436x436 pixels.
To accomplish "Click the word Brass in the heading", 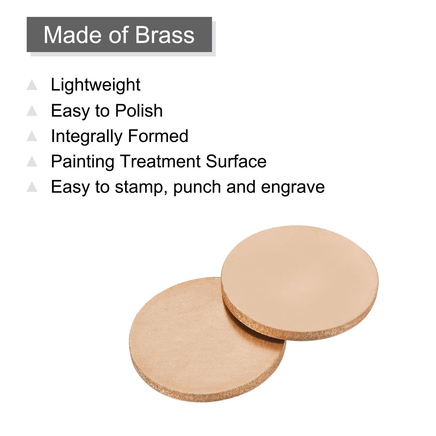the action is point(165,35).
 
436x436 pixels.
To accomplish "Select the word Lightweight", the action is point(96,85).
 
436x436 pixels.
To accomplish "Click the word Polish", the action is point(139,110).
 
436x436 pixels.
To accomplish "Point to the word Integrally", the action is point(86,136).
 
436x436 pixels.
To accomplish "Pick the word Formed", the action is point(158,136).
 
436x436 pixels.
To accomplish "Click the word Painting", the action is point(82,162).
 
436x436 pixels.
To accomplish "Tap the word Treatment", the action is point(160,161).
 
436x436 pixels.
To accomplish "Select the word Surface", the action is point(236,161).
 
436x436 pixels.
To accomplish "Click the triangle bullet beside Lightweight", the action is point(32,85).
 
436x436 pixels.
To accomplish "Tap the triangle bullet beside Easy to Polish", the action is point(32,111).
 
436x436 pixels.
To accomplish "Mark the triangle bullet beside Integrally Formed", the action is point(32,136).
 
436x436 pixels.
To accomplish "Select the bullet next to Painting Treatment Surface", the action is point(32,161).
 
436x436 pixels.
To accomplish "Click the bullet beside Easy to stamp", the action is point(32,187).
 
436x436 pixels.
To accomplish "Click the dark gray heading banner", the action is point(119,35).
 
